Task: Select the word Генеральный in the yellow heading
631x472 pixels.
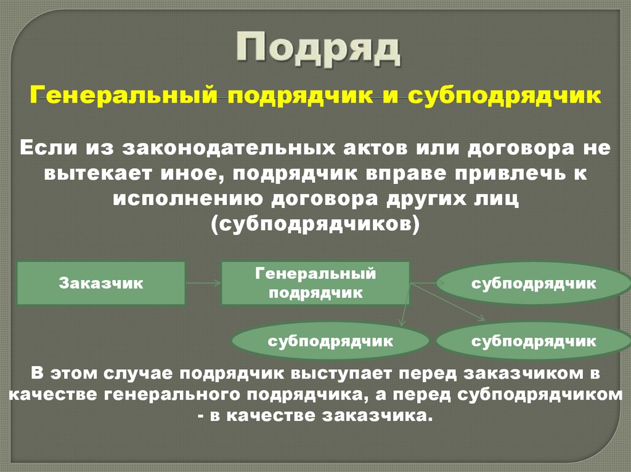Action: (124, 97)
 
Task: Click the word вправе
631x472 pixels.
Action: (405, 174)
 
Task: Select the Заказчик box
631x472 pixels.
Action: (101, 283)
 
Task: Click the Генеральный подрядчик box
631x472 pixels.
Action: (315, 283)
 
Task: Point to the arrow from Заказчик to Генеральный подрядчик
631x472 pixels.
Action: (203, 283)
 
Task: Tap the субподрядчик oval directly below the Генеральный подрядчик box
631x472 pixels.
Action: (330, 340)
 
